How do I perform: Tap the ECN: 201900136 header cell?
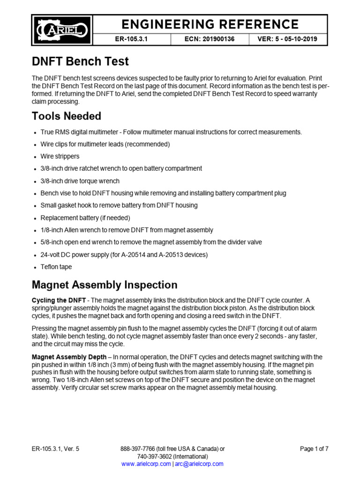point(212,39)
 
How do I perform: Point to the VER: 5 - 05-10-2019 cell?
point(287,39)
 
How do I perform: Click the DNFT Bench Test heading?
point(80,61)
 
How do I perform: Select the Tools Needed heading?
point(66,116)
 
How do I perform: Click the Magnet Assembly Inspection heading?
point(104,285)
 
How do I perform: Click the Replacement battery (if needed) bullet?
point(85,217)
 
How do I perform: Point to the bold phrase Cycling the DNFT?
point(58,300)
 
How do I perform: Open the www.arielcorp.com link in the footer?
point(146,464)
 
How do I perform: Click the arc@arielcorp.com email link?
point(199,464)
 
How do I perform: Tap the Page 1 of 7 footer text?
point(314,449)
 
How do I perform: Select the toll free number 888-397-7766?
point(139,449)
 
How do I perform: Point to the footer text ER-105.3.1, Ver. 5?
point(55,449)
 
